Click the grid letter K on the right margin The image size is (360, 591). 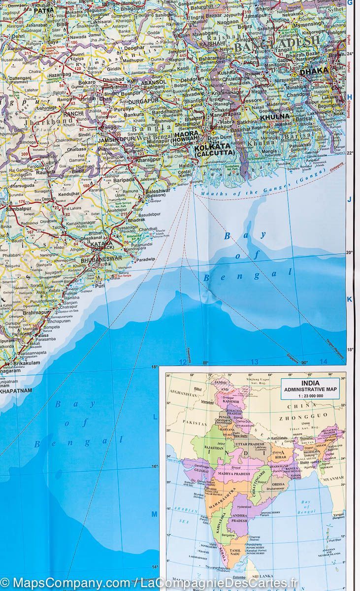point(350,299)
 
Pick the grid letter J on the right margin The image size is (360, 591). point(350,199)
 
